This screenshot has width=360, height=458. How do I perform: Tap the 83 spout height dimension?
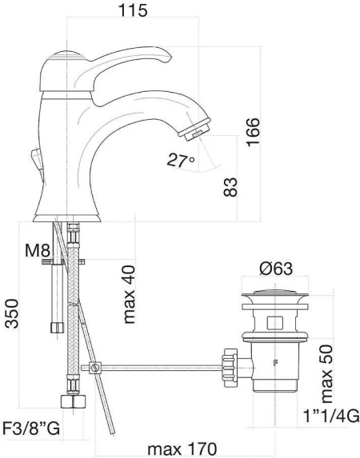tap(230, 186)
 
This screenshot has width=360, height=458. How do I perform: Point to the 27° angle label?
tap(181, 161)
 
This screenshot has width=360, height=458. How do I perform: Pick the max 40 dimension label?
tap(130, 294)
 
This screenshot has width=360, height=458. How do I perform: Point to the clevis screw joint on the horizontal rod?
tap(96, 368)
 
